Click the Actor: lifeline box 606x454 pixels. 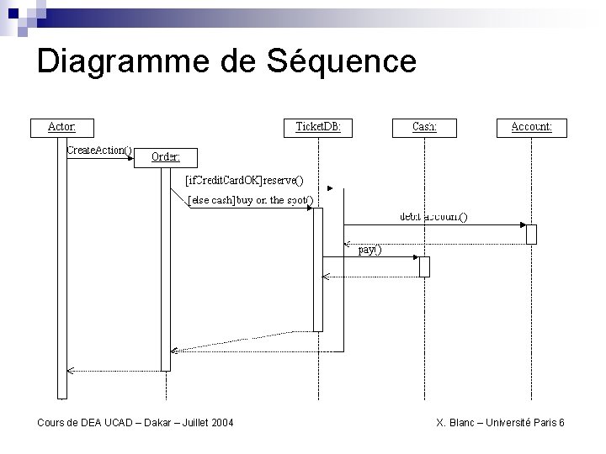click(61, 127)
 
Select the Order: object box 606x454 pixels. click(166, 156)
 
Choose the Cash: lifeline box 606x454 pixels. click(424, 127)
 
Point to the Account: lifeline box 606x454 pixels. click(532, 127)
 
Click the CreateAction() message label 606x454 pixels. click(98, 150)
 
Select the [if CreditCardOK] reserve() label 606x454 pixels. click(244, 179)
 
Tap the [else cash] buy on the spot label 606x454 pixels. click(250, 200)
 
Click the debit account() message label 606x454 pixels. click(433, 217)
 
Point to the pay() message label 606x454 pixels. click(369, 249)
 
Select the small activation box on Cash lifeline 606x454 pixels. click(424, 266)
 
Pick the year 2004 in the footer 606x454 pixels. click(221, 422)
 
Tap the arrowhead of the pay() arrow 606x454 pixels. click(415, 257)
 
